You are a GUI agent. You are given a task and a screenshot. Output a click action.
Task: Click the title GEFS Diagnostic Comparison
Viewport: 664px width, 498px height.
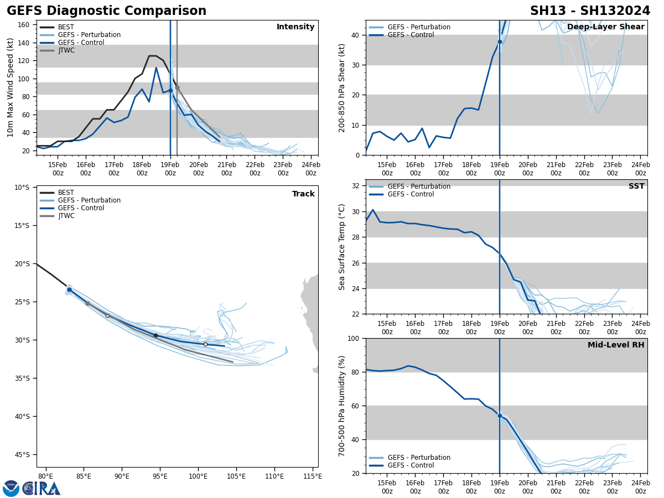106,11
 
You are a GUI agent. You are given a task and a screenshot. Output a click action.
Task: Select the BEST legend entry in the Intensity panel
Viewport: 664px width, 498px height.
66,27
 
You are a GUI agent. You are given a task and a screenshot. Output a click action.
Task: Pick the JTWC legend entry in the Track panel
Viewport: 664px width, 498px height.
66,216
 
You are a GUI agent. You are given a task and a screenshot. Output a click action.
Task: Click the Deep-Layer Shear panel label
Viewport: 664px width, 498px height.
605,27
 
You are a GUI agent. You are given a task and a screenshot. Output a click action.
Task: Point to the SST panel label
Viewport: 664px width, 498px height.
636,186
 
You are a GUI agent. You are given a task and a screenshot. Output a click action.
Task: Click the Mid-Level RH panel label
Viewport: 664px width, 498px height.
616,345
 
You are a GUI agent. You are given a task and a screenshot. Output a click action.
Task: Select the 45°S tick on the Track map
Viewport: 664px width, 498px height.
22,455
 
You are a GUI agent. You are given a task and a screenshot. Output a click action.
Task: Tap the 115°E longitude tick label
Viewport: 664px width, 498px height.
313,476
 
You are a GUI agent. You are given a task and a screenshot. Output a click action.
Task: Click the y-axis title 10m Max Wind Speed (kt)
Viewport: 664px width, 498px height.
11,87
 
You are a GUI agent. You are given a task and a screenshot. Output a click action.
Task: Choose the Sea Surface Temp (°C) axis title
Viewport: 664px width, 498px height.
342,247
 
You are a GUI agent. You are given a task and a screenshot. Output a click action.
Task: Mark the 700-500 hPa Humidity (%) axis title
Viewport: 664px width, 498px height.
342,406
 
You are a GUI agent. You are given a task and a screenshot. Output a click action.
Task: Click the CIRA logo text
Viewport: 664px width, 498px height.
41,488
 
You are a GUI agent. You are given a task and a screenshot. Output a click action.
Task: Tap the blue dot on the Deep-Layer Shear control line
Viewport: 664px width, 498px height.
500,41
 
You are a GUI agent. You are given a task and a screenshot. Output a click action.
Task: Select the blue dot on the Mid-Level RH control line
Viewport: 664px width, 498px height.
500,416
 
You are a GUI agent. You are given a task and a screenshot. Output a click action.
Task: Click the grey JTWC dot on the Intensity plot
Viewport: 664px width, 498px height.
177,87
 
